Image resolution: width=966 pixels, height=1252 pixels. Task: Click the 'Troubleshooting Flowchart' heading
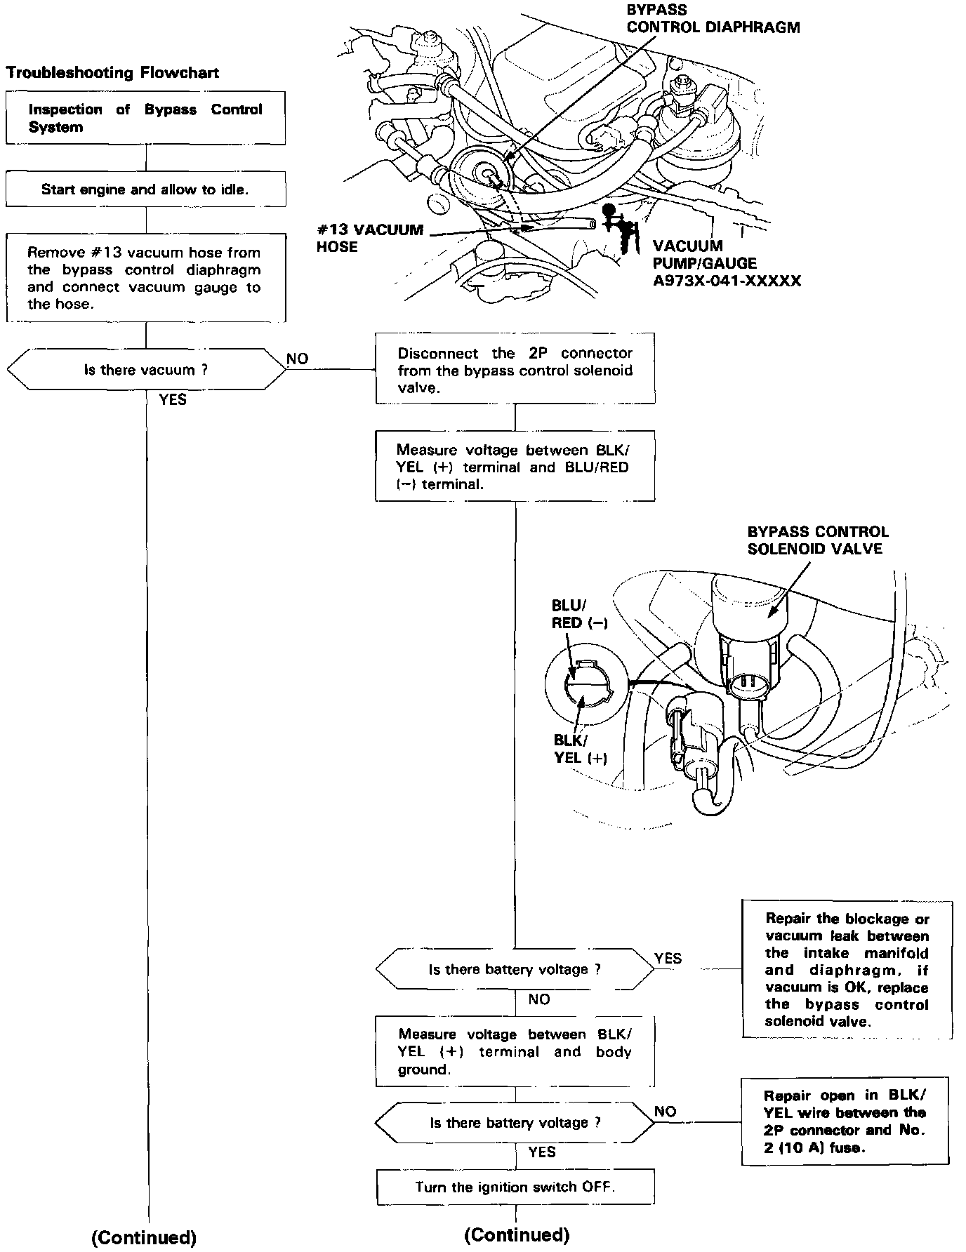(x=112, y=73)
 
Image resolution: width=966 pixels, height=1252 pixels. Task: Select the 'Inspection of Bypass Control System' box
(x=145, y=118)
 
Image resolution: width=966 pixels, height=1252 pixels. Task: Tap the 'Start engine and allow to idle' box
(x=145, y=189)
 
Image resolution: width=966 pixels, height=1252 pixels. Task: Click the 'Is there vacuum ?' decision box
(x=146, y=370)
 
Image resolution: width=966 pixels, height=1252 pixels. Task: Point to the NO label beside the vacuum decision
(x=298, y=359)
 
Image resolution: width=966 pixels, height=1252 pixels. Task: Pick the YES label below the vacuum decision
(x=173, y=399)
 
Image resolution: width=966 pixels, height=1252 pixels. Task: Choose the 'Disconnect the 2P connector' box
(x=515, y=371)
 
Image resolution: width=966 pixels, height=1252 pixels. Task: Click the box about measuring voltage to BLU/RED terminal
(x=515, y=467)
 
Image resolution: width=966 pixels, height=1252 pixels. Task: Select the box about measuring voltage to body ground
(x=515, y=1051)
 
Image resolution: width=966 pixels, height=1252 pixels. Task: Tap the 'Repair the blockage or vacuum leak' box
(x=847, y=969)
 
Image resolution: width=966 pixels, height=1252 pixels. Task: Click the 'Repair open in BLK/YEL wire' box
(x=845, y=1121)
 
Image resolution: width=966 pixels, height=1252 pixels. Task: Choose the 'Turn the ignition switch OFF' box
(x=515, y=1187)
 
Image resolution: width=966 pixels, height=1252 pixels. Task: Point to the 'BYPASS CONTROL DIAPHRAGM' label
(x=713, y=19)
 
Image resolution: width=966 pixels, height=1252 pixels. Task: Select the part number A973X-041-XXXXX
(x=727, y=281)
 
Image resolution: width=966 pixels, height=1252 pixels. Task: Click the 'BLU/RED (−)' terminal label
(x=578, y=615)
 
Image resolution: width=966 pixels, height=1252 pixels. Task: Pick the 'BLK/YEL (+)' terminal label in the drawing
(x=580, y=749)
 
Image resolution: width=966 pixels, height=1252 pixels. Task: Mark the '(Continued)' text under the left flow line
(x=144, y=1237)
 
